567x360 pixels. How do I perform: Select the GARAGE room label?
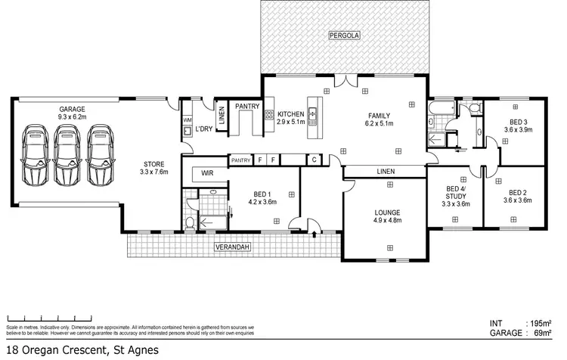click(x=73, y=110)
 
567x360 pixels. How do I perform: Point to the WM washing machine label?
click(x=187, y=119)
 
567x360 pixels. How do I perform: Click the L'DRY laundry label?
click(x=203, y=129)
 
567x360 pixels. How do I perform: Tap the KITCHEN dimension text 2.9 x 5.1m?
click(x=290, y=121)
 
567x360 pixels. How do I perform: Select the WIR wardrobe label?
click(x=206, y=174)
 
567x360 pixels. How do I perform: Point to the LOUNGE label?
click(x=386, y=212)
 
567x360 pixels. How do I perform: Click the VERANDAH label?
click(x=229, y=247)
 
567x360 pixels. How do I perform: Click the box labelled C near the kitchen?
click(x=314, y=160)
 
